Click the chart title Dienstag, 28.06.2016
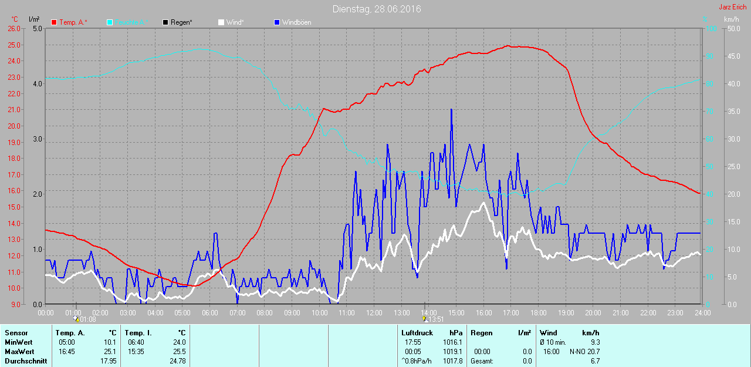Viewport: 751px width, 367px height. click(x=376, y=9)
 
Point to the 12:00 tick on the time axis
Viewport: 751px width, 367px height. click(x=374, y=313)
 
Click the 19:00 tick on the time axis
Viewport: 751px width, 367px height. click(x=566, y=313)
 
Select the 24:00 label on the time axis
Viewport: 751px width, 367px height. click(x=702, y=313)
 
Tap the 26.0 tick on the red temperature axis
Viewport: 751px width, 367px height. click(x=13, y=28)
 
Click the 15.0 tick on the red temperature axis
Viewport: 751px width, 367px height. click(x=13, y=207)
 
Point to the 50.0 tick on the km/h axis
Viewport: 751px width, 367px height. click(x=732, y=28)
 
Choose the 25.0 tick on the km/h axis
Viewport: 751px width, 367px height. click(x=732, y=166)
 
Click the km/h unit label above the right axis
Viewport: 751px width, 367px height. click(x=731, y=19)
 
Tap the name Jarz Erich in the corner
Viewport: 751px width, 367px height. click(x=732, y=7)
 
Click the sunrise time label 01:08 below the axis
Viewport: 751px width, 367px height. click(x=87, y=319)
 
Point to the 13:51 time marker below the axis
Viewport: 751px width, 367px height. click(x=435, y=319)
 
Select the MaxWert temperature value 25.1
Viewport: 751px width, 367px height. click(x=110, y=351)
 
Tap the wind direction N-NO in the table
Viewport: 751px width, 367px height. click(x=577, y=351)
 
